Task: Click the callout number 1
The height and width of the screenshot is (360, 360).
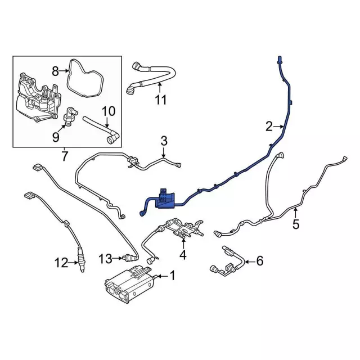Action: click(173, 276)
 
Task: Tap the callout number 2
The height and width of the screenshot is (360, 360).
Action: click(269, 125)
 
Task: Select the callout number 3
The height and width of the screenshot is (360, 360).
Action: click(164, 141)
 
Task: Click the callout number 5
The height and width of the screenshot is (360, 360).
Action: click(296, 225)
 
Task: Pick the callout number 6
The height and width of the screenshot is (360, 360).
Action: click(259, 260)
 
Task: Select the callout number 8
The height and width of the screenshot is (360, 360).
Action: click(55, 71)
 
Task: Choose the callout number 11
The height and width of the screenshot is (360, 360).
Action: click(161, 100)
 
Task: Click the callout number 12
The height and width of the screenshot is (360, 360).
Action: click(60, 262)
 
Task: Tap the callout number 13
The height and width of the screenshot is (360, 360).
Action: click(105, 258)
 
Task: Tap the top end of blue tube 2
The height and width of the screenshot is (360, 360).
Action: click(279, 60)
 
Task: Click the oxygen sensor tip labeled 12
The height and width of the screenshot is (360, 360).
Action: click(81, 266)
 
